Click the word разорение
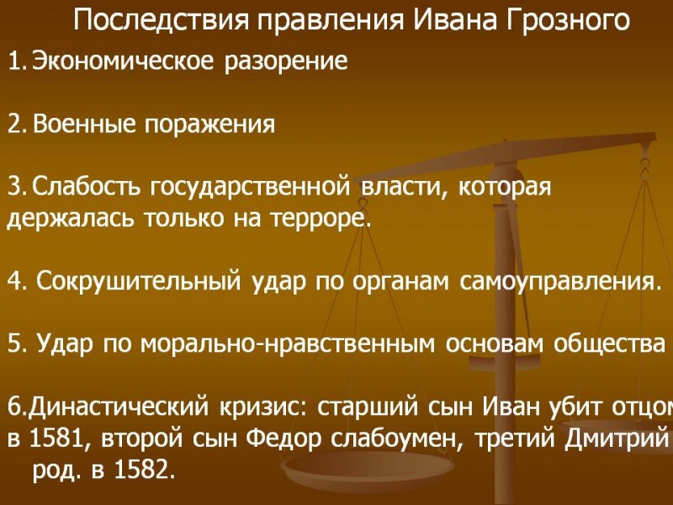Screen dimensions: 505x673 point(286,62)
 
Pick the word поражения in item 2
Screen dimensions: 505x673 point(210,125)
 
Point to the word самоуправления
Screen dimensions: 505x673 point(560,281)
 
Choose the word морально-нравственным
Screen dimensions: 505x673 point(315,344)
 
